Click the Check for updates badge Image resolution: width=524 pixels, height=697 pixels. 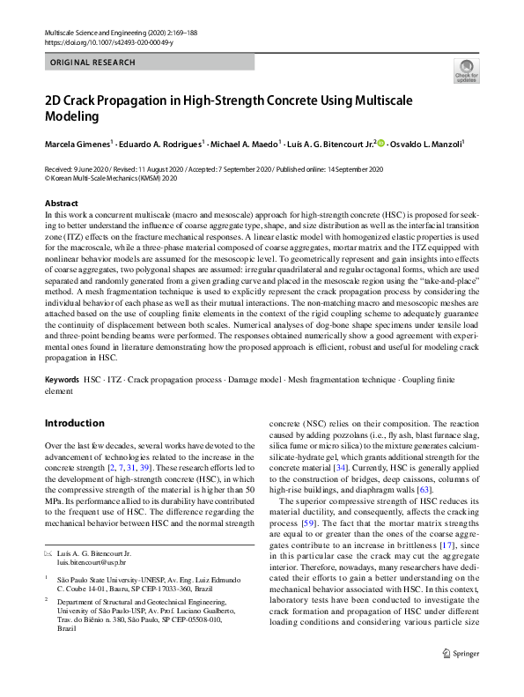(x=466, y=71)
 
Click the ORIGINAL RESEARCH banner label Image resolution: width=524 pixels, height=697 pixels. (x=93, y=63)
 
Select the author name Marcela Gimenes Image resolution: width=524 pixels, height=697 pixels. (x=76, y=143)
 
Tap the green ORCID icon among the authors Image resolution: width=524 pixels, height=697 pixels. (x=381, y=143)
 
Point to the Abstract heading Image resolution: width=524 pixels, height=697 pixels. (x=61, y=204)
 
